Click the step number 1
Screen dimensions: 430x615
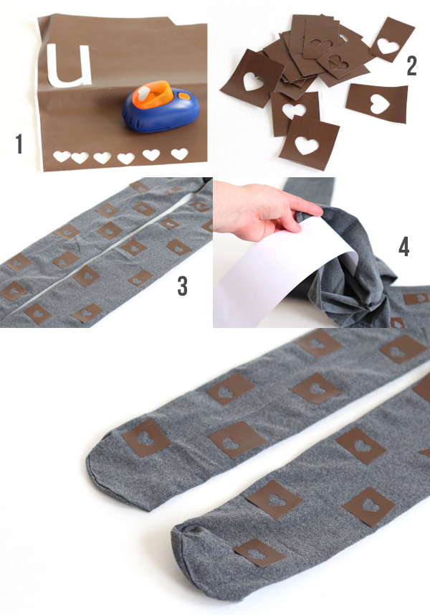tap(19, 144)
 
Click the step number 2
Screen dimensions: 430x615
tap(411, 65)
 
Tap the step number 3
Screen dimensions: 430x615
tap(183, 286)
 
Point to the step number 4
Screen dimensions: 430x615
tap(403, 247)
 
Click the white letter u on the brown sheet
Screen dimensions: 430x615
tap(69, 66)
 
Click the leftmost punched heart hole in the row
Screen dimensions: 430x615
tap(62, 156)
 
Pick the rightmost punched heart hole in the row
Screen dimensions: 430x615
tap(179, 154)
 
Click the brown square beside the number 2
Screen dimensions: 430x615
tap(391, 39)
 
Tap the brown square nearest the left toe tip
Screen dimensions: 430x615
tap(145, 438)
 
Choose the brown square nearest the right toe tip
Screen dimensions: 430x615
tap(259, 553)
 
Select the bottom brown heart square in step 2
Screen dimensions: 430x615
tap(309, 143)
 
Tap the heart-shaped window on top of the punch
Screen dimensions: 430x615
tap(144, 92)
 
